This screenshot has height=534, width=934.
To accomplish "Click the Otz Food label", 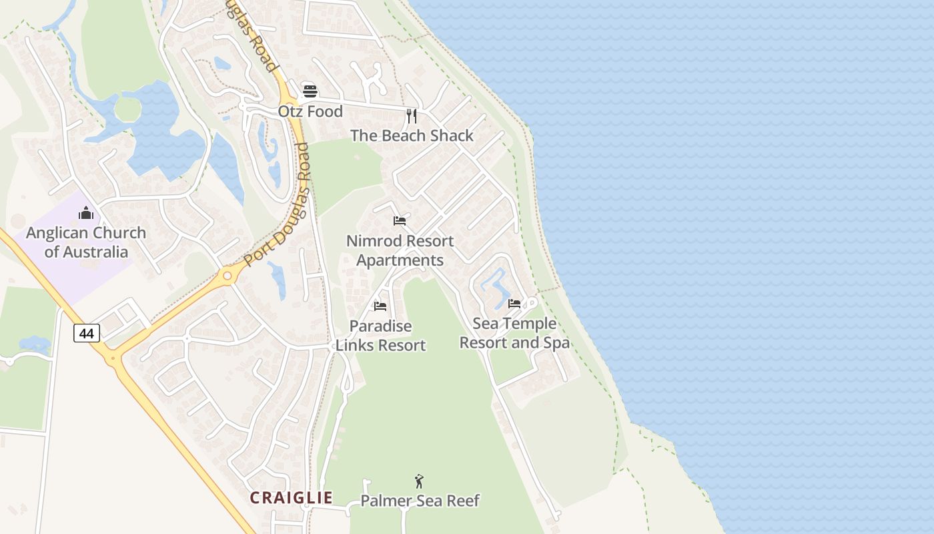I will pyautogui.click(x=310, y=111).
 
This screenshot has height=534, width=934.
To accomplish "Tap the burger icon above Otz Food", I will pyautogui.click(x=310, y=91).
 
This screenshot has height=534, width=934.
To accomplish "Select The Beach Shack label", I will pyautogui.click(x=412, y=136).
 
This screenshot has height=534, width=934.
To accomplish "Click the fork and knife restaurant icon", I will pyautogui.click(x=412, y=116).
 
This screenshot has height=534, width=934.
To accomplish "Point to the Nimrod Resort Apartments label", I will pyautogui.click(x=400, y=250).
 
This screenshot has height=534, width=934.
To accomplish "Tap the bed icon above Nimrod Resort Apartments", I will pyautogui.click(x=400, y=221).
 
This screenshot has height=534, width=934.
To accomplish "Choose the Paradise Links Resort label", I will pyautogui.click(x=380, y=336).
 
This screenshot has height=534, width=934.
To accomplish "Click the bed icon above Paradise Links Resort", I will pyautogui.click(x=380, y=306).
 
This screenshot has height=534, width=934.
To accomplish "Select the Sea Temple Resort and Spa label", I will pyautogui.click(x=514, y=333).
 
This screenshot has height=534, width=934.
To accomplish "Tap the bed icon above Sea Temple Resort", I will pyautogui.click(x=514, y=304).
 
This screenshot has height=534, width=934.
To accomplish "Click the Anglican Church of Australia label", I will pyautogui.click(x=86, y=242).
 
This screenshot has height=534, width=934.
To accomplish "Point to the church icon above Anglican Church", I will pyautogui.click(x=86, y=213).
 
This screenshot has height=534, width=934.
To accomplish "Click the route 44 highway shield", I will pyautogui.click(x=87, y=332).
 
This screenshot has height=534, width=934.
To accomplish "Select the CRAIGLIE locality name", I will pyautogui.click(x=291, y=498).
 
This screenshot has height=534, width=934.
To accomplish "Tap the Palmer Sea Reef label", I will pyautogui.click(x=420, y=501).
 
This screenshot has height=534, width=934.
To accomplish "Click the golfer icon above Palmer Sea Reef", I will pyautogui.click(x=419, y=481).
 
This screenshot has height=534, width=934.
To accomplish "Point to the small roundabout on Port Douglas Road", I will pyautogui.click(x=227, y=274).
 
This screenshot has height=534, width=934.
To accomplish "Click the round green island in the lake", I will pyautogui.click(x=127, y=109).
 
